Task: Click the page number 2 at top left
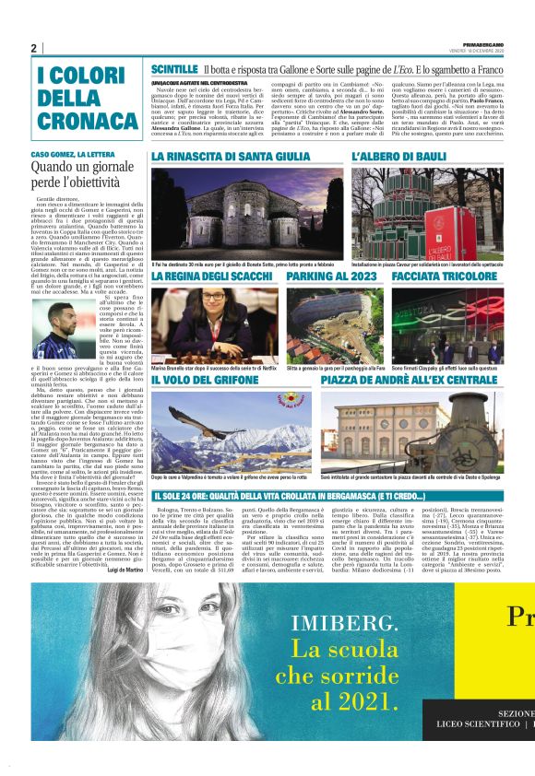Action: click(x=33, y=48)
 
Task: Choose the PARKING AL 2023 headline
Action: click(x=331, y=276)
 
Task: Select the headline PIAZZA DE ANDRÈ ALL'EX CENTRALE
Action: click(x=409, y=379)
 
